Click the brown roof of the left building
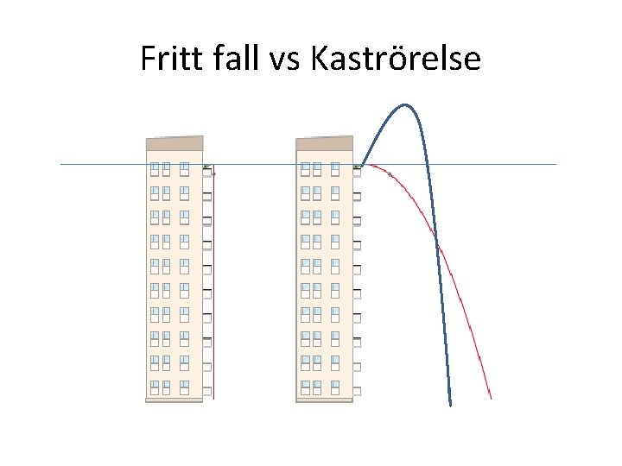pos(175,143)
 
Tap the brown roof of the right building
pos(324,143)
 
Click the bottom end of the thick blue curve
pos(450,404)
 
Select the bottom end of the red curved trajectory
pos(491,398)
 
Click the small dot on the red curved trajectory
pos(390,174)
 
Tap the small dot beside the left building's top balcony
pos(213,173)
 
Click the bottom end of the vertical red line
pos(213,398)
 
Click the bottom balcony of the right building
pos(357,390)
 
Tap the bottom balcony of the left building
pos(206,390)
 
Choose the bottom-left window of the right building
pos(305,386)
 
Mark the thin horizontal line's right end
pos(555,164)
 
